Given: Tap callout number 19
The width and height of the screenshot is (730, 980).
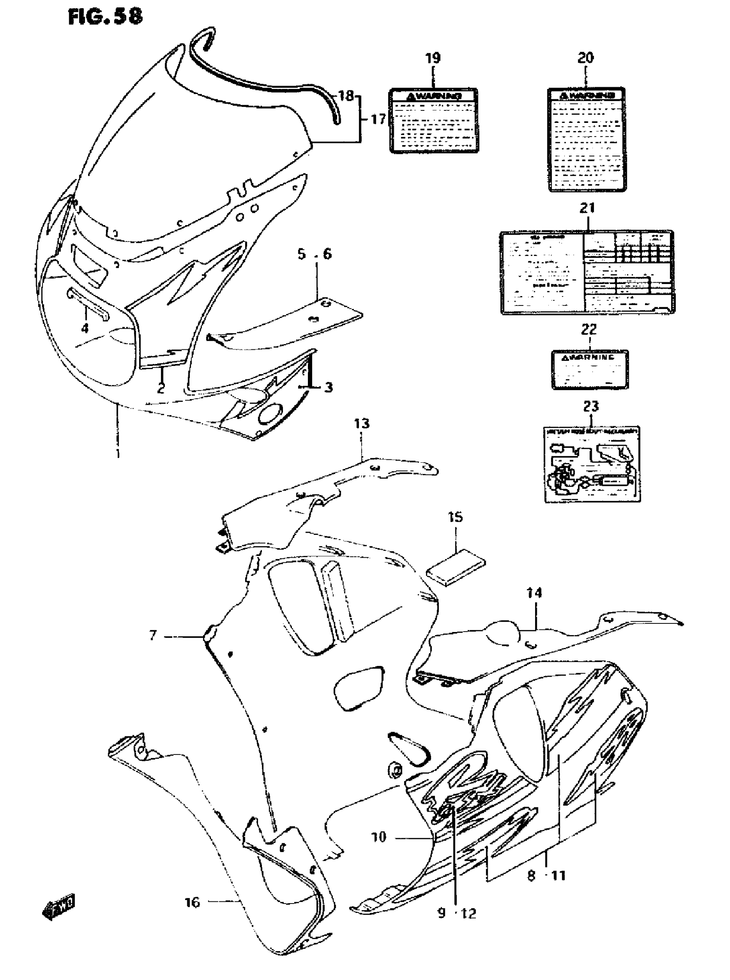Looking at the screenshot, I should click(432, 58).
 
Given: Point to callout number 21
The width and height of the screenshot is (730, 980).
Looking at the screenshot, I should click(587, 208).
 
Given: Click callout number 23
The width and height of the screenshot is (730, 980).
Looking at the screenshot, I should click(591, 406).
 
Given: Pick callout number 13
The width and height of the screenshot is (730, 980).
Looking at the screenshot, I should click(362, 424).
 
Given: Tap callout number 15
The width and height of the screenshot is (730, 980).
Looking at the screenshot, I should click(455, 517).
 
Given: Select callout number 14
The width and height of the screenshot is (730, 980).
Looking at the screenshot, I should click(534, 593).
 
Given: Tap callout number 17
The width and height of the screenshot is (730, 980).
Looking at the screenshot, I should click(378, 119).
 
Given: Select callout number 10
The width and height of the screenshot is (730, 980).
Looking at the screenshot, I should click(379, 837).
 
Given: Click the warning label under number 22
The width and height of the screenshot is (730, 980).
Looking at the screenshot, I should click(590, 370).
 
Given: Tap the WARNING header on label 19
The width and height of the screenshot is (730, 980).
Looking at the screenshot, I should click(434, 95).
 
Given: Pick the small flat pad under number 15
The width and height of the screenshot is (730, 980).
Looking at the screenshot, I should click(456, 568).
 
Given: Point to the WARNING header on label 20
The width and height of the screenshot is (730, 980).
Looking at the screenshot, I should click(587, 95).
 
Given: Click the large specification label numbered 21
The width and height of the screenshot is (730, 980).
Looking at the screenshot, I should click(587, 272).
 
